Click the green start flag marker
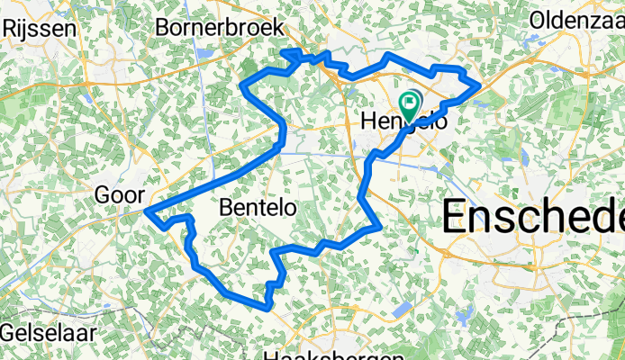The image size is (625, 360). (x=410, y=105)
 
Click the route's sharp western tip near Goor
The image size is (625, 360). (x=146, y=212)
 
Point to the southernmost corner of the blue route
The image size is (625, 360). (x=267, y=308)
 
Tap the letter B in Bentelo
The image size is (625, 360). (x=226, y=208)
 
